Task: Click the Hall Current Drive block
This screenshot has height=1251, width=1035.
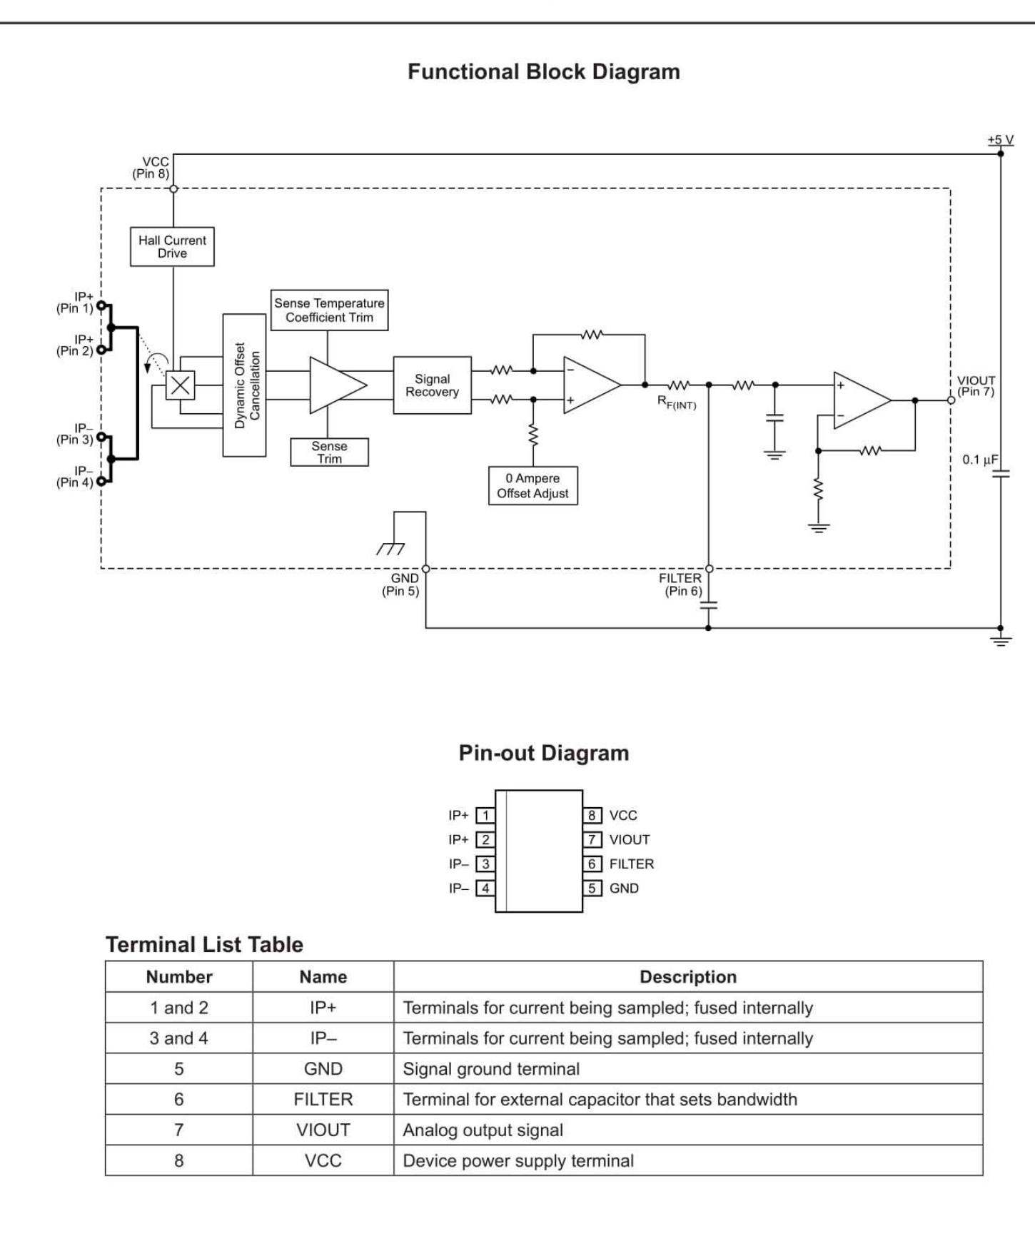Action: [172, 247]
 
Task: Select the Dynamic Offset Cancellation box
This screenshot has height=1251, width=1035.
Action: [244, 385]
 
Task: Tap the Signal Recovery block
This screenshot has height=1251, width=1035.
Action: [432, 385]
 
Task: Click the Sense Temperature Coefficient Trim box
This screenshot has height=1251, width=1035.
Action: [329, 310]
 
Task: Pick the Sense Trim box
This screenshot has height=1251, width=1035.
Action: [329, 452]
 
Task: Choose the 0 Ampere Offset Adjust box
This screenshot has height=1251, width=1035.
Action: [532, 486]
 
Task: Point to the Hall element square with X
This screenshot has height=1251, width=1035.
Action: [180, 385]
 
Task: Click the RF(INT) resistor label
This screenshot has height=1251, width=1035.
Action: [677, 403]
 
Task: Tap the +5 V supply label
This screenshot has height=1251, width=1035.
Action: [1000, 140]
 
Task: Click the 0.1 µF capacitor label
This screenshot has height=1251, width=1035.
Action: [980, 460]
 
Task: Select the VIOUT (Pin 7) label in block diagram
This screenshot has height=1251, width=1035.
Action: [976, 386]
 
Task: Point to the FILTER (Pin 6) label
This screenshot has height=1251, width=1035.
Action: [681, 584]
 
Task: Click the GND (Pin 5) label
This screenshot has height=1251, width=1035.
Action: [401, 584]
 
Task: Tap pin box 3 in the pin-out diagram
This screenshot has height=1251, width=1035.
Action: [485, 864]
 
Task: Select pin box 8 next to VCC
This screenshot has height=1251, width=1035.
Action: [592, 816]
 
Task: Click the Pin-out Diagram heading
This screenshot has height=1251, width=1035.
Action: [543, 753]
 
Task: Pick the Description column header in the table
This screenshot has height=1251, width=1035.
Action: [687, 977]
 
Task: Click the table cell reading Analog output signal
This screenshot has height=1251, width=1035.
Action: [483, 1130]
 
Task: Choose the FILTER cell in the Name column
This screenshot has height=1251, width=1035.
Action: [323, 1100]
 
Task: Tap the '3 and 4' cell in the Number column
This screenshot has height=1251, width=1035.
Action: [178, 1038]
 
